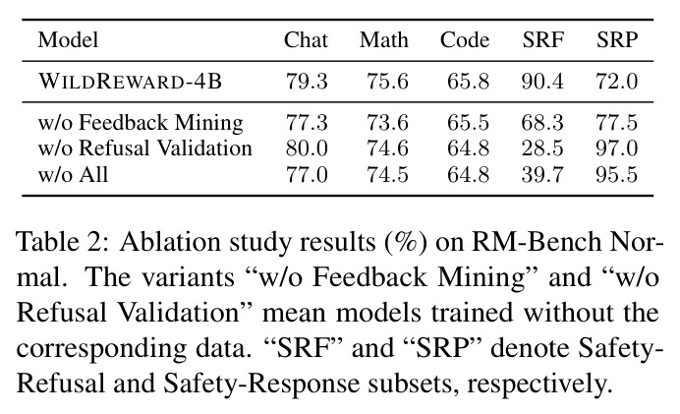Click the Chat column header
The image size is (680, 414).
coord(306,40)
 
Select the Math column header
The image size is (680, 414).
coord(384,40)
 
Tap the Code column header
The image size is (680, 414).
coord(465,40)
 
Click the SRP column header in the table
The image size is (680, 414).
coord(617,40)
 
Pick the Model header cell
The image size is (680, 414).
coord(68,40)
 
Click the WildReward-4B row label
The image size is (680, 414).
coord(130,82)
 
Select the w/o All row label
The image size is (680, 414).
coord(73,174)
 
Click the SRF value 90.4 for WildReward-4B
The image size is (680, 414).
coord(542,82)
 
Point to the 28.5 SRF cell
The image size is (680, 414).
coord(542,148)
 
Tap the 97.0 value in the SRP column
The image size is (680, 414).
coord(617,148)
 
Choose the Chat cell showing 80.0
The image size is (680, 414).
coord(307,148)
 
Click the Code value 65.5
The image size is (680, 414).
coord(469,122)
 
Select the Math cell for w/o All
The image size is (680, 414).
coord(388,174)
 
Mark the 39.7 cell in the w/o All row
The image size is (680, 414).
coord(542,174)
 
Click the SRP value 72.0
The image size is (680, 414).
coord(617,82)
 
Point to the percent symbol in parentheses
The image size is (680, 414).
coord(406,242)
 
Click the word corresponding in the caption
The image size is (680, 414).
coord(101,349)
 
